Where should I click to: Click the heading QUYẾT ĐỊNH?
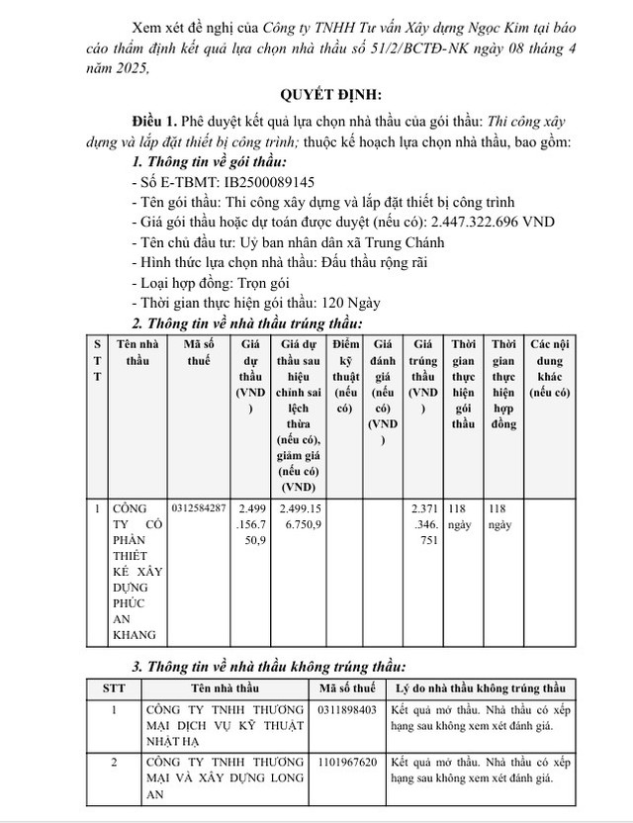(x=316, y=96)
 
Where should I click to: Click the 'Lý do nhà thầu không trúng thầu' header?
(x=480, y=687)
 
